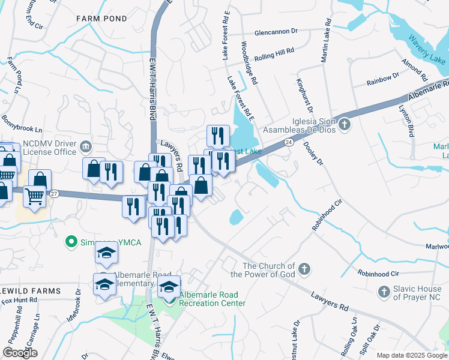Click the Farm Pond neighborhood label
(x=101, y=19)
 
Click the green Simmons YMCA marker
(x=71, y=242)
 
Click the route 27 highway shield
(x=54, y=193)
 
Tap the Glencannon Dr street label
(x=276, y=31)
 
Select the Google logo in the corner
(x=20, y=352)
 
